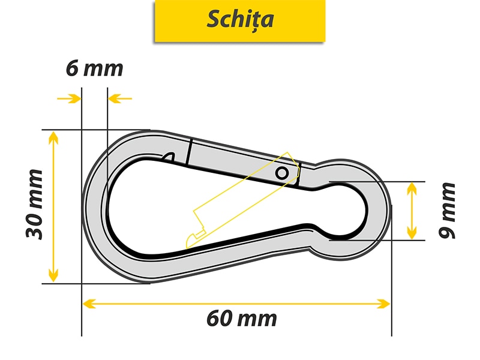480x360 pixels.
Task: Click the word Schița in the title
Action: [240, 19]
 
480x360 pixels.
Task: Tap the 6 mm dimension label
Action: [94, 68]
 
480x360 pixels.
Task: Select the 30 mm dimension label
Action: [34, 204]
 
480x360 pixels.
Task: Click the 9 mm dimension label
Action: [448, 210]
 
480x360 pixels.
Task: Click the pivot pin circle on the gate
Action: [281, 173]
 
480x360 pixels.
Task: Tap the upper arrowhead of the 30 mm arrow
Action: [53, 137]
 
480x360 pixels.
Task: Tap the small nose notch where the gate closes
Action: [169, 157]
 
